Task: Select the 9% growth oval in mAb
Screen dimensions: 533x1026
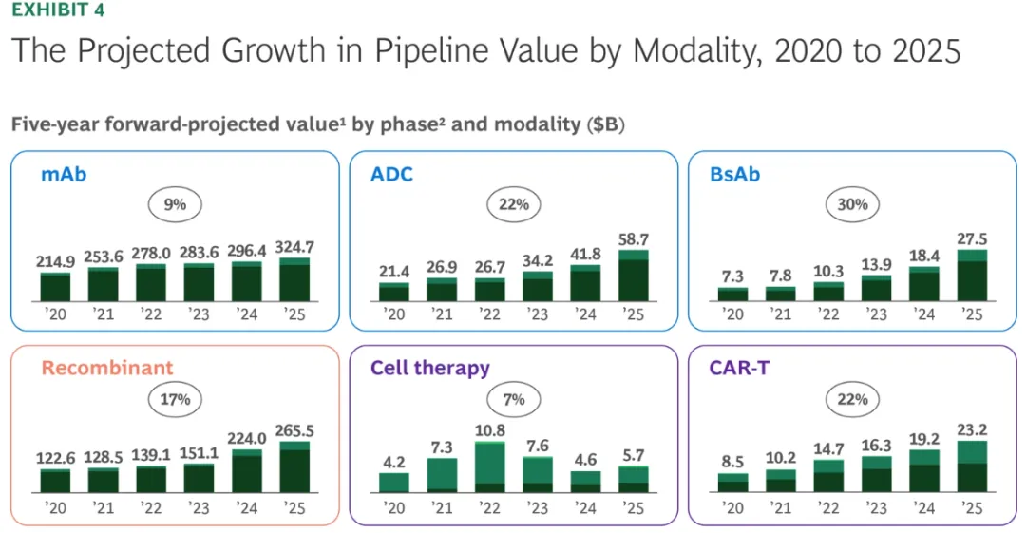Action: click(x=175, y=202)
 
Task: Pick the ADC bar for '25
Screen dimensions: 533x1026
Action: click(x=633, y=276)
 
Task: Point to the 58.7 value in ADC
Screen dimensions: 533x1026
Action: click(x=633, y=239)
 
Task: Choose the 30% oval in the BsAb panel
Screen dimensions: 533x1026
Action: click(x=852, y=203)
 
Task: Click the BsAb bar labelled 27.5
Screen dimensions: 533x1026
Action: click(x=972, y=276)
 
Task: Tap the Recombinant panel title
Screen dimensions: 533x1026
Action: click(x=106, y=367)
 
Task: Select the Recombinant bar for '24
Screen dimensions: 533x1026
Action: click(x=247, y=470)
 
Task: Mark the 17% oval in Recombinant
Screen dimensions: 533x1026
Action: click(x=175, y=398)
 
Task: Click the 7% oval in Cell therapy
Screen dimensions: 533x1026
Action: click(x=513, y=398)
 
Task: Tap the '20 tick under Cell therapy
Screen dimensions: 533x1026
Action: click(x=393, y=508)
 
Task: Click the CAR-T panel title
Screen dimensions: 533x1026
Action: click(x=738, y=367)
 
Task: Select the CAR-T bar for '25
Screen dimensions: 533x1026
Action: click(x=972, y=466)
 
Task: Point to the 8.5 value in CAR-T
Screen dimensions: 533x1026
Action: click(x=732, y=463)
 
